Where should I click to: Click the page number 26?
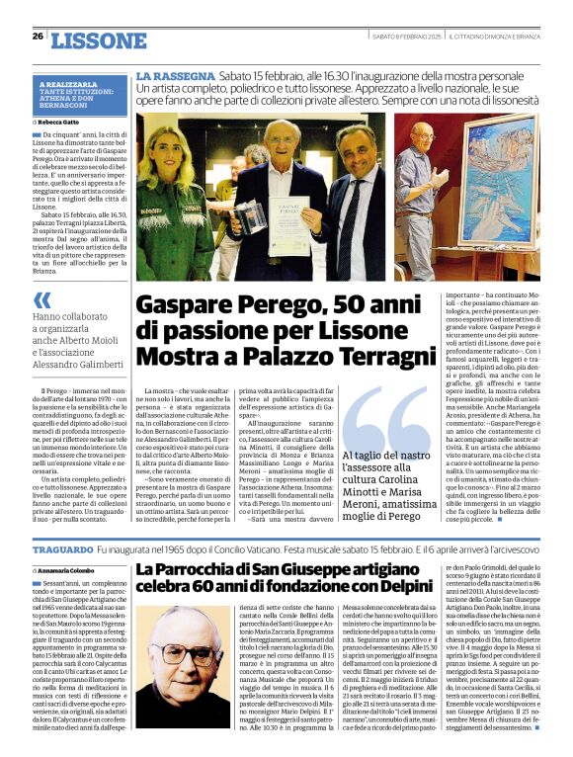coord(38,36)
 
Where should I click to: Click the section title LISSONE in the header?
coord(98,41)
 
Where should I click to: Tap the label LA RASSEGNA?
coord(175,76)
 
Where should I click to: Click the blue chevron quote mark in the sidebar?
coord(42,299)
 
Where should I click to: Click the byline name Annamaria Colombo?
coord(71,570)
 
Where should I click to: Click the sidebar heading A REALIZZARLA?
coord(68,85)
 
